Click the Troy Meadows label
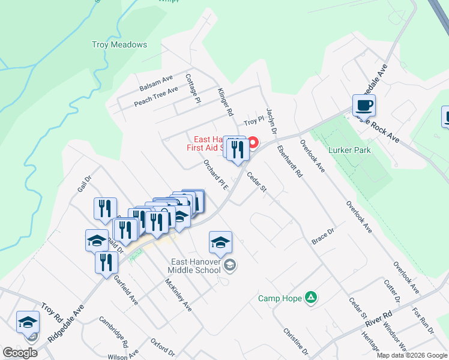(119, 44)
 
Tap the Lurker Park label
(349, 150)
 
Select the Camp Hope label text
(281, 298)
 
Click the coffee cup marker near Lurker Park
(364, 106)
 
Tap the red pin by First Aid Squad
(253, 143)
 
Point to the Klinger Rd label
(225, 101)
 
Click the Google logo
(20, 353)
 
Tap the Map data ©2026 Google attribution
(412, 355)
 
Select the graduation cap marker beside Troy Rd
(28, 323)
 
